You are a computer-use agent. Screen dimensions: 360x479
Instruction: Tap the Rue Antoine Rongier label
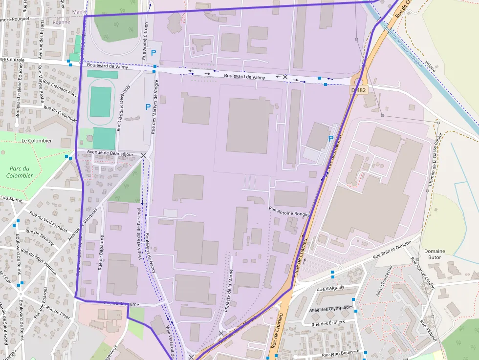pos(290,211)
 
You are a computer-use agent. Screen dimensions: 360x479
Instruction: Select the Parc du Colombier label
pos(20,172)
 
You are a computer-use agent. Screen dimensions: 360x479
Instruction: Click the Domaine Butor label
pos(435,254)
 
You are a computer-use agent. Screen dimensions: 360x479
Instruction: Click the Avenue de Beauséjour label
pos(110,153)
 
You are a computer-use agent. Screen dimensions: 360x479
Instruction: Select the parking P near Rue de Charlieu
pos(331,139)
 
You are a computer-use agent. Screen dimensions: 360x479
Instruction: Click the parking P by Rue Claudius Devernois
pos(148,106)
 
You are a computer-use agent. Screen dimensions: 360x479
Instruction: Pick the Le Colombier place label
pos(37,140)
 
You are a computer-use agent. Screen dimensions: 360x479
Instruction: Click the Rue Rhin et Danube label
pos(392,250)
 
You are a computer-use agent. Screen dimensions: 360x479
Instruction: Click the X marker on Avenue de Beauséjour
pos(143,155)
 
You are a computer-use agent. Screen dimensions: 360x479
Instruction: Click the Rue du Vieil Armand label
pos(48,221)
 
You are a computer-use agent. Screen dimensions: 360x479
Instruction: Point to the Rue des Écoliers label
pos(327,322)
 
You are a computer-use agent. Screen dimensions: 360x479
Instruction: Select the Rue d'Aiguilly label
pos(330,289)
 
